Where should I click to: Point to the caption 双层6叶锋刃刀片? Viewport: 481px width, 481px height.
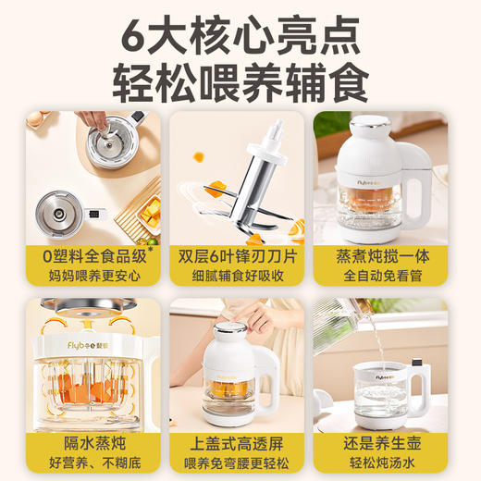240,253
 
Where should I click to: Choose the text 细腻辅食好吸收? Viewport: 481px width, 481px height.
240,275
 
